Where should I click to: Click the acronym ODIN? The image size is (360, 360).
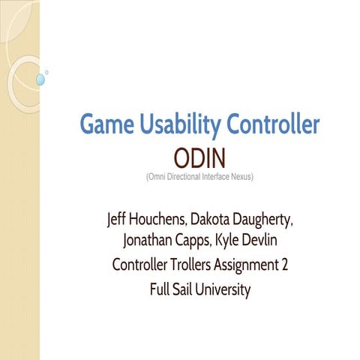pyautogui.click(x=200, y=159)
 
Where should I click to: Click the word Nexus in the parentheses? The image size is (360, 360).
pyautogui.click(x=241, y=177)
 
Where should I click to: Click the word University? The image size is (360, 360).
pyautogui.click(x=221, y=288)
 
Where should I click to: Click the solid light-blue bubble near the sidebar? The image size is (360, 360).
pyautogui.click(x=40, y=78)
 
